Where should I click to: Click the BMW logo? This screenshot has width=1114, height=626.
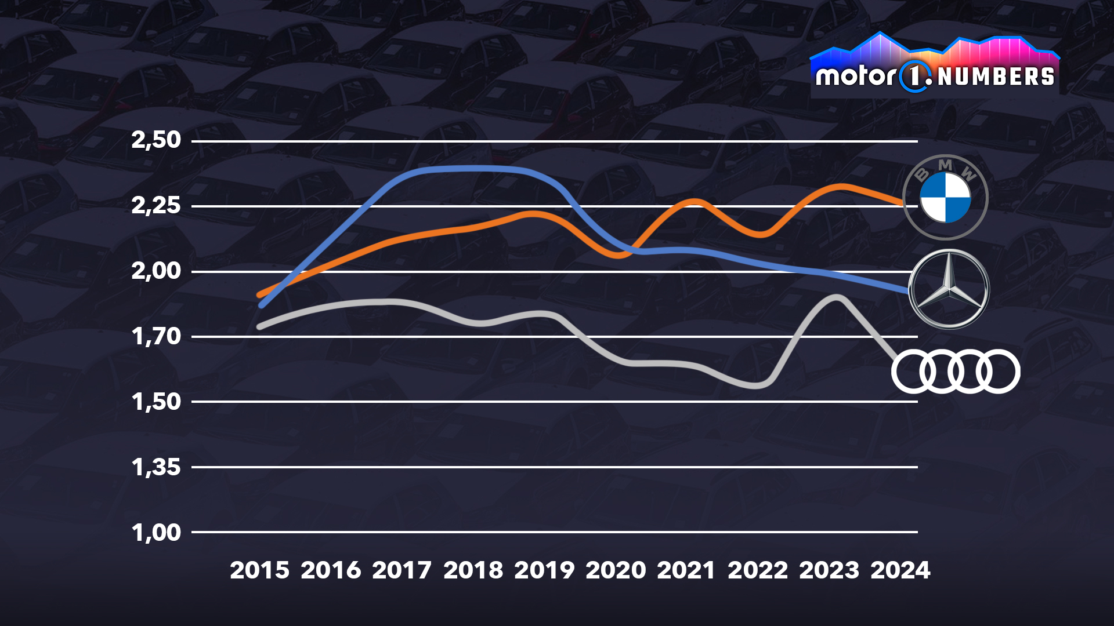[945, 197]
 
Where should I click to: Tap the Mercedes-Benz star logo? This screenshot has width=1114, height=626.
[949, 289]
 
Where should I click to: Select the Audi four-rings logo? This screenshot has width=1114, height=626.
[956, 372]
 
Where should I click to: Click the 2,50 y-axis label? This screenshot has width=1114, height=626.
[156, 140]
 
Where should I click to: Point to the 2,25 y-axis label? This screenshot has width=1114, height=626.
[156, 205]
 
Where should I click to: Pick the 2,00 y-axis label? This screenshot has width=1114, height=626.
[156, 271]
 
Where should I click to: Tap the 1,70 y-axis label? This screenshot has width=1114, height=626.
[156, 336]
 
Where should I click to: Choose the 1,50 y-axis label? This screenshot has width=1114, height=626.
[156, 402]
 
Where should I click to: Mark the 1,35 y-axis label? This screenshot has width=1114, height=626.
[156, 467]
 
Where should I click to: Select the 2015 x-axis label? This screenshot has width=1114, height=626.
[259, 570]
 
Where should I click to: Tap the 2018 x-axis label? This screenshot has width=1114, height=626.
[473, 570]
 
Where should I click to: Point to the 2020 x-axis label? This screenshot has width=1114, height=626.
[616, 570]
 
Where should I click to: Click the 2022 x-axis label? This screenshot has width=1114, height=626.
[758, 570]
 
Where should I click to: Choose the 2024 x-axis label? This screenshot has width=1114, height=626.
[900, 570]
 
